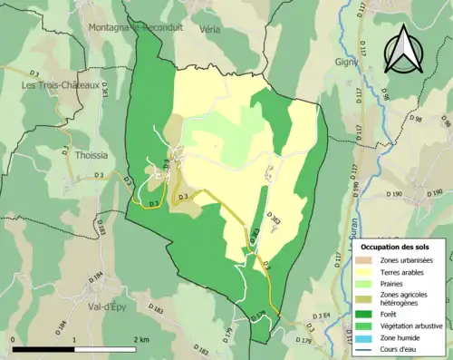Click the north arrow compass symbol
click(x=404, y=49)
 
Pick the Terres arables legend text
click(x=405, y=273)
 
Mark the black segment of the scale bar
click(x=43, y=349)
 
